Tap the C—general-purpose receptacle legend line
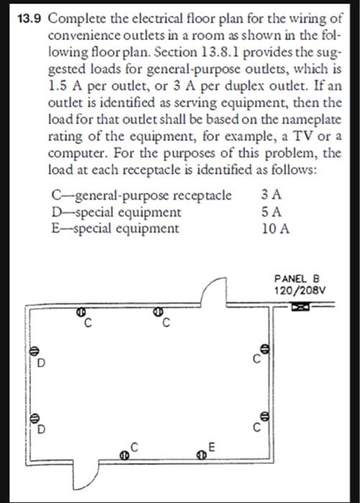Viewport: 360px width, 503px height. (142, 195)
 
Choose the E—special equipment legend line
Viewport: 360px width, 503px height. (114, 229)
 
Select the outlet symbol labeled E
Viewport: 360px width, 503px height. (202, 453)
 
